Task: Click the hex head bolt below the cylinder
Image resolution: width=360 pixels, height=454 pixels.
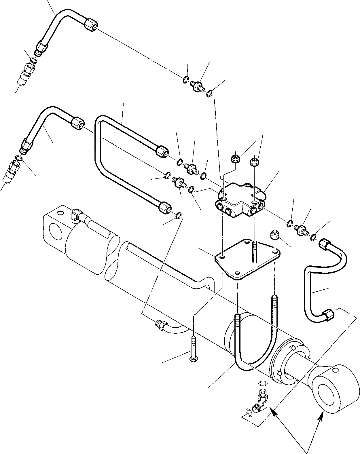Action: pyautogui.click(x=192, y=348)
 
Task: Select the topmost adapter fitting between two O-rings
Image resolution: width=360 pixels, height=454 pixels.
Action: pyautogui.click(x=198, y=85)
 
